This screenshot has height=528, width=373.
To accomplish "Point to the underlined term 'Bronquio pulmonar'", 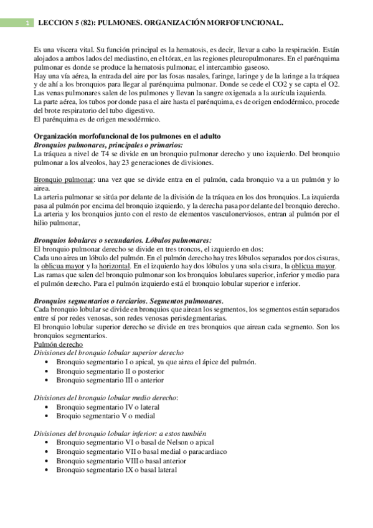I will click(64, 180).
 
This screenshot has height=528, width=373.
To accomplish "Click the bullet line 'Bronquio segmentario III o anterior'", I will click(110, 380).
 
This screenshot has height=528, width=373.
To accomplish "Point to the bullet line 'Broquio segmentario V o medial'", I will click(105, 416).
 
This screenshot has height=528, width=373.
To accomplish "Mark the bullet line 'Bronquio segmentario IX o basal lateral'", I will click(116, 469).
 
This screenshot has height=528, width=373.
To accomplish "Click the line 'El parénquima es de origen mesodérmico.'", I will click(97, 119).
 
